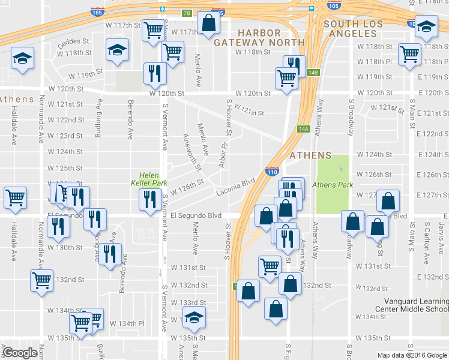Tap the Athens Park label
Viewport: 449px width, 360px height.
click(333, 185)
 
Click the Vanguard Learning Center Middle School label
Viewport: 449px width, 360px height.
click(411, 304)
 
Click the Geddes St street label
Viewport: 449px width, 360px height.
click(73, 44)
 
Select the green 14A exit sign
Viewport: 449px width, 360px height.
click(303, 129)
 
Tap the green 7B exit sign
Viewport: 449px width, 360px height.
click(187, 13)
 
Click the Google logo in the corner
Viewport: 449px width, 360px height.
click(20, 352)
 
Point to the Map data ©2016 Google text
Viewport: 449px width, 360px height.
click(412, 355)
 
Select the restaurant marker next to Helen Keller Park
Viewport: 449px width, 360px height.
click(148, 199)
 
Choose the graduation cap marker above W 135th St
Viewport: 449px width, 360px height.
click(194, 316)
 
